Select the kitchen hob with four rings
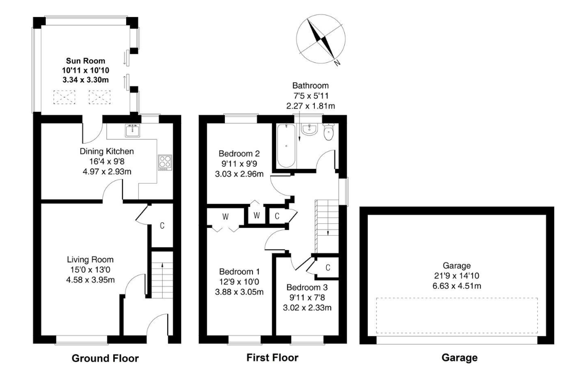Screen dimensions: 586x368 point(165,162)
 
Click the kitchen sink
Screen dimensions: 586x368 point(132,130)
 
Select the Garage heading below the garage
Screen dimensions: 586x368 point(459,357)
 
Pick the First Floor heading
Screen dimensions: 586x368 point(272,357)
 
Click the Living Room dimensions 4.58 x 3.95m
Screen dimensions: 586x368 point(90,279)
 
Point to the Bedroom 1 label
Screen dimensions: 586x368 point(239,272)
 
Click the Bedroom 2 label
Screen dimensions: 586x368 point(239,153)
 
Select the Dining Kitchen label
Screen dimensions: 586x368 point(106,151)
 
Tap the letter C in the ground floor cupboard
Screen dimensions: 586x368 point(162,225)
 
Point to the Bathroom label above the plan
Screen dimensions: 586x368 point(310,85)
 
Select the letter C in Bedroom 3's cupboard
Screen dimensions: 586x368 point(327,268)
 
